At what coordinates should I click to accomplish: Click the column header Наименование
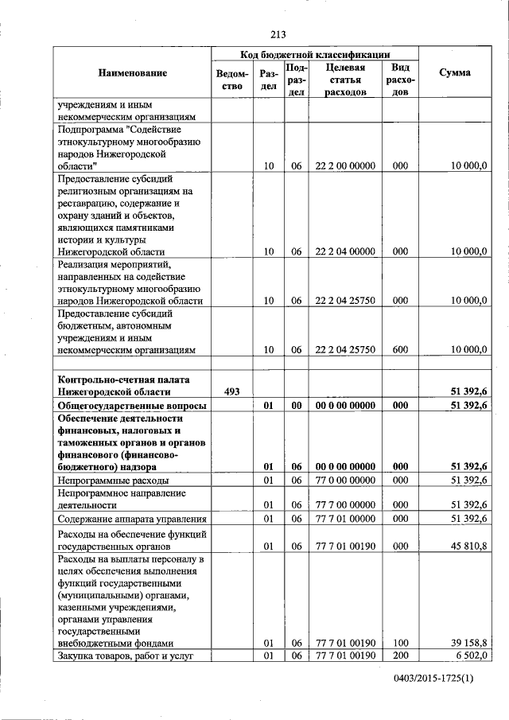133,73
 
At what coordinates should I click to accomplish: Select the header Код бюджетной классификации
315,54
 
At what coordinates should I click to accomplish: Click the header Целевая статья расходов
344,80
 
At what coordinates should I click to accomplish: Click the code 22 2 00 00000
344,165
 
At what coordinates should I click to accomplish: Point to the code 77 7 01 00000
344,519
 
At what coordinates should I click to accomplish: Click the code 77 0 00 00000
344,481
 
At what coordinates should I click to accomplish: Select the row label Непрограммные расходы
111,481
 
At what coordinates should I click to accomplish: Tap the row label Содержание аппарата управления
127,519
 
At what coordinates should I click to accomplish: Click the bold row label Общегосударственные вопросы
131,406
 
